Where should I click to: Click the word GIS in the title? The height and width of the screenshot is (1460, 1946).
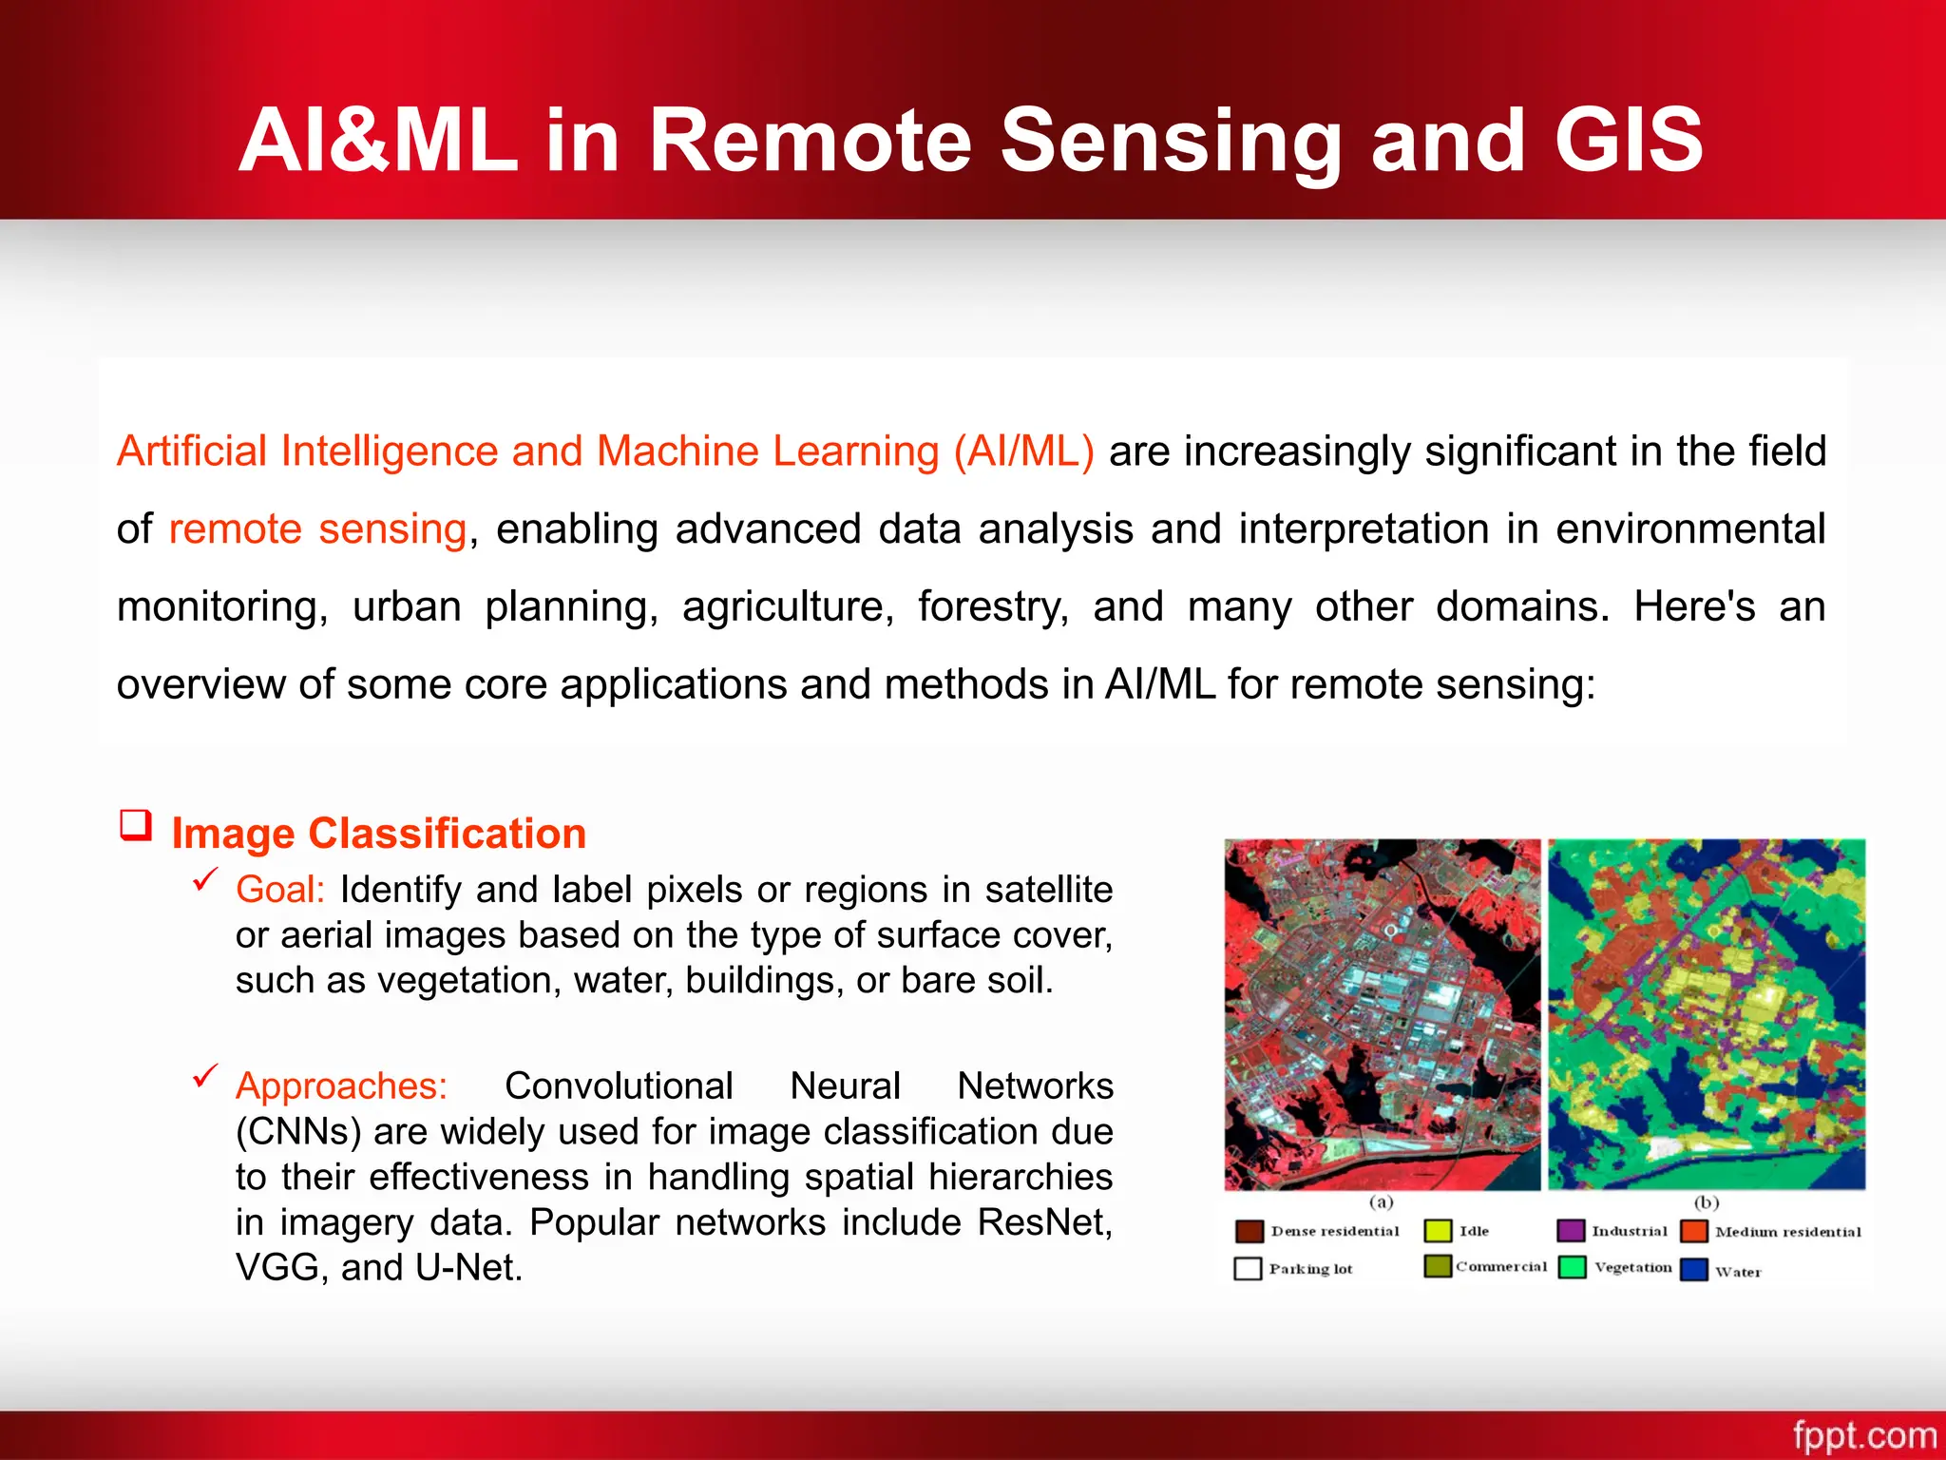[x=1629, y=141]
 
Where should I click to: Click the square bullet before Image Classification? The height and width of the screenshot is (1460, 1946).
[x=136, y=824]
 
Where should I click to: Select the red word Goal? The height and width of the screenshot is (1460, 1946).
[x=280, y=890]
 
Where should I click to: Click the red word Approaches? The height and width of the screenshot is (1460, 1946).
[x=341, y=1085]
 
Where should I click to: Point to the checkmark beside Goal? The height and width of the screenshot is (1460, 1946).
[x=205, y=880]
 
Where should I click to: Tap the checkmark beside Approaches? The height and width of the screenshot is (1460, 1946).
[x=205, y=1076]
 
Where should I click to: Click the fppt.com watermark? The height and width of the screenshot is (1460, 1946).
[x=1863, y=1434]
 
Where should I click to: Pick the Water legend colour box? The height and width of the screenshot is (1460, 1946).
[x=1694, y=1270]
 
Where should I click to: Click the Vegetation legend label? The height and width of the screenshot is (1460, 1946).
[x=1632, y=1267]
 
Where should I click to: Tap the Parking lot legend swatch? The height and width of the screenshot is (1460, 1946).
[x=1248, y=1269]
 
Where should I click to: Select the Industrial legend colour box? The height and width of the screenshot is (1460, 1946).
[x=1571, y=1231]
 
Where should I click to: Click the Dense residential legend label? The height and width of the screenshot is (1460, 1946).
[x=1335, y=1231]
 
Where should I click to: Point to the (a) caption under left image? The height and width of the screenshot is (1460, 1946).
[x=1381, y=1202]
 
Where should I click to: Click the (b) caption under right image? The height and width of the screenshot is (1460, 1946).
[x=1707, y=1202]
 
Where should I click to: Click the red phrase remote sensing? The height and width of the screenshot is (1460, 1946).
[x=317, y=528]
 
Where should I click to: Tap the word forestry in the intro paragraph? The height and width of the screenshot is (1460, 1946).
[x=992, y=606]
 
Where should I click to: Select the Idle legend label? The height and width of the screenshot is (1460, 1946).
[x=1474, y=1231]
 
